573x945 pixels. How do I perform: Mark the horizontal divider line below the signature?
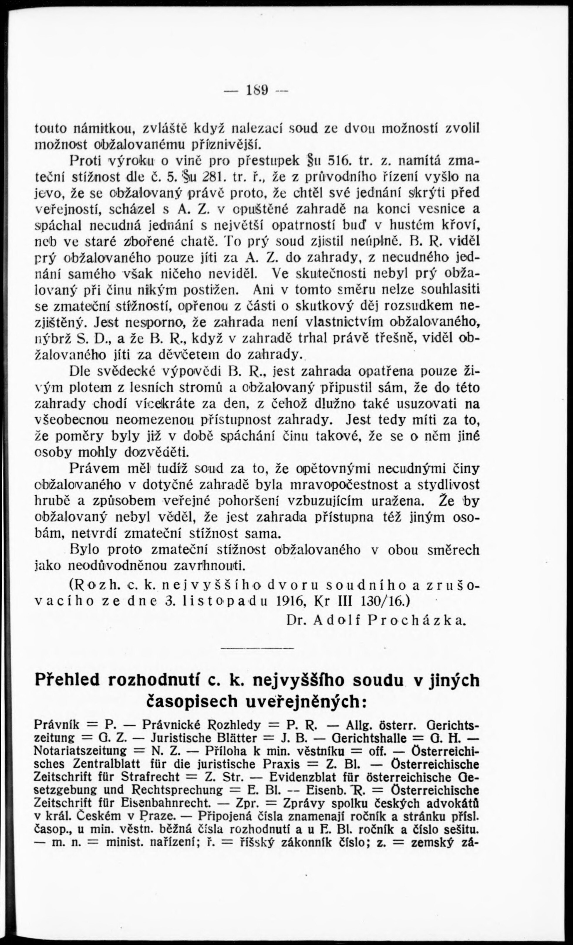click(x=257, y=648)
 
